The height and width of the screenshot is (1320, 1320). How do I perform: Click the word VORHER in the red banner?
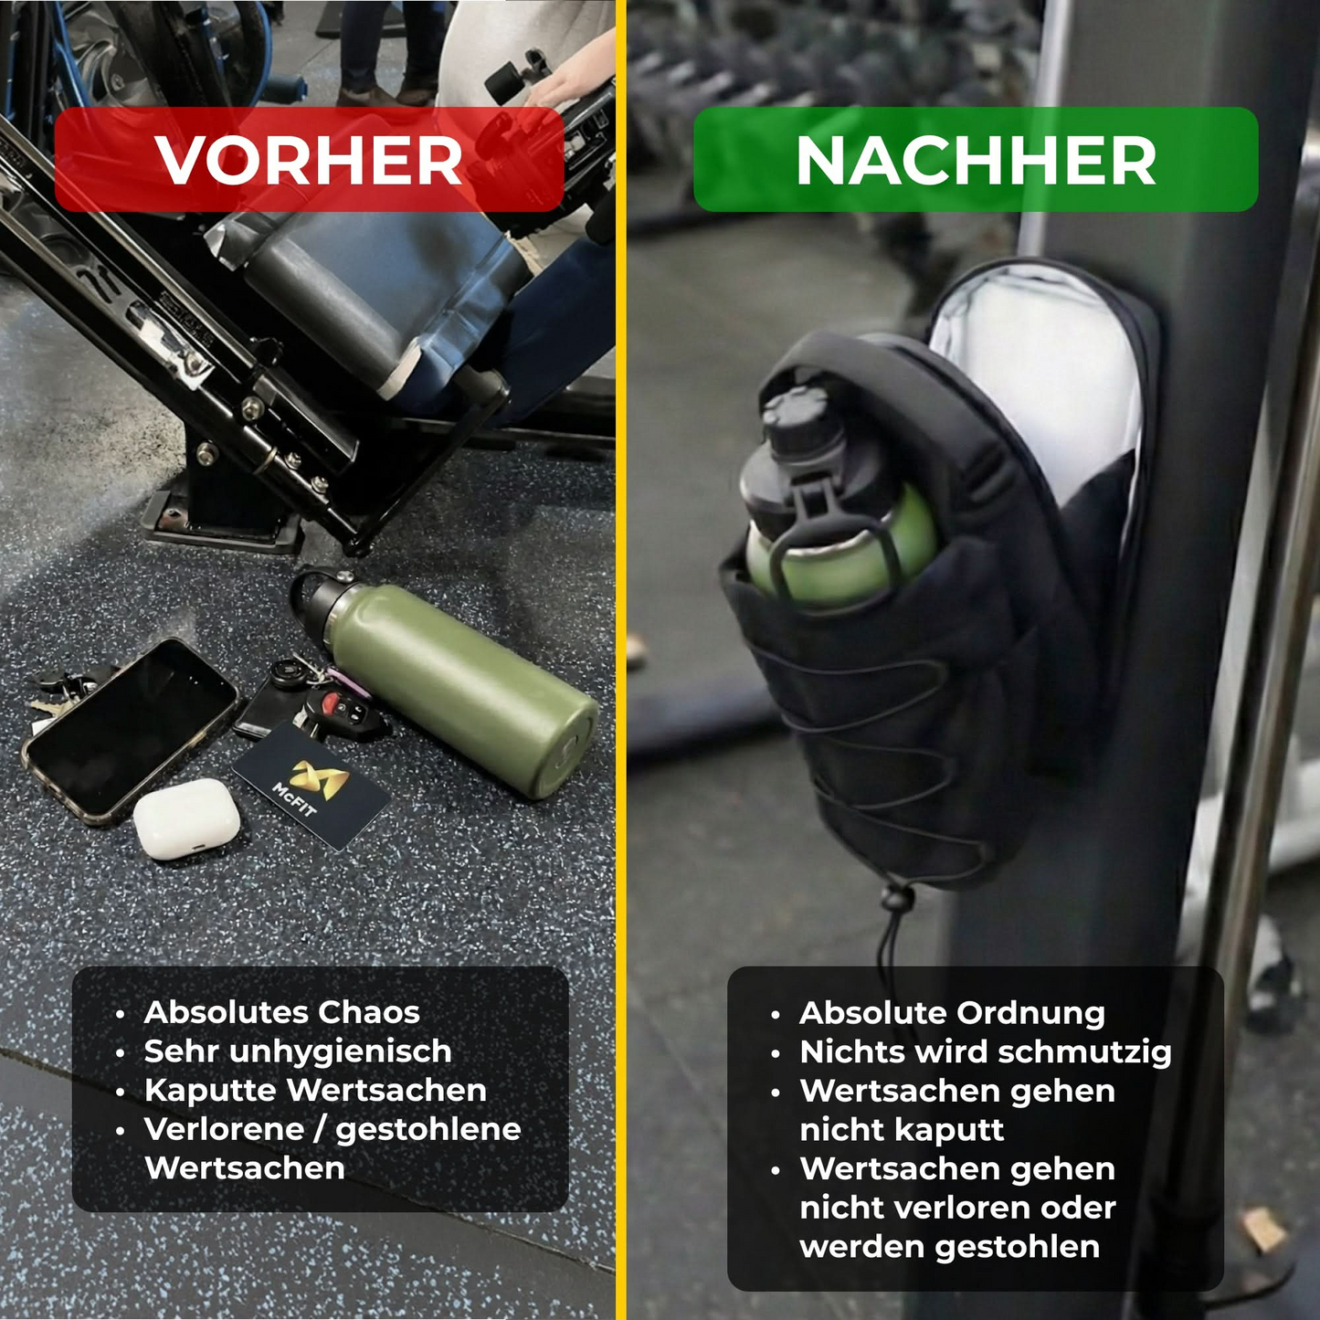[309, 161]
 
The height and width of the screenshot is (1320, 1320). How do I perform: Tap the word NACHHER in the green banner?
[976, 161]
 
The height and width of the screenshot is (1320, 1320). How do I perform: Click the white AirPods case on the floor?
[187, 818]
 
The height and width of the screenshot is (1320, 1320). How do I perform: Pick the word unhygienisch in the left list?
[340, 1051]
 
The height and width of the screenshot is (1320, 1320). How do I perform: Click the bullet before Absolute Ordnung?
[776, 1015]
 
